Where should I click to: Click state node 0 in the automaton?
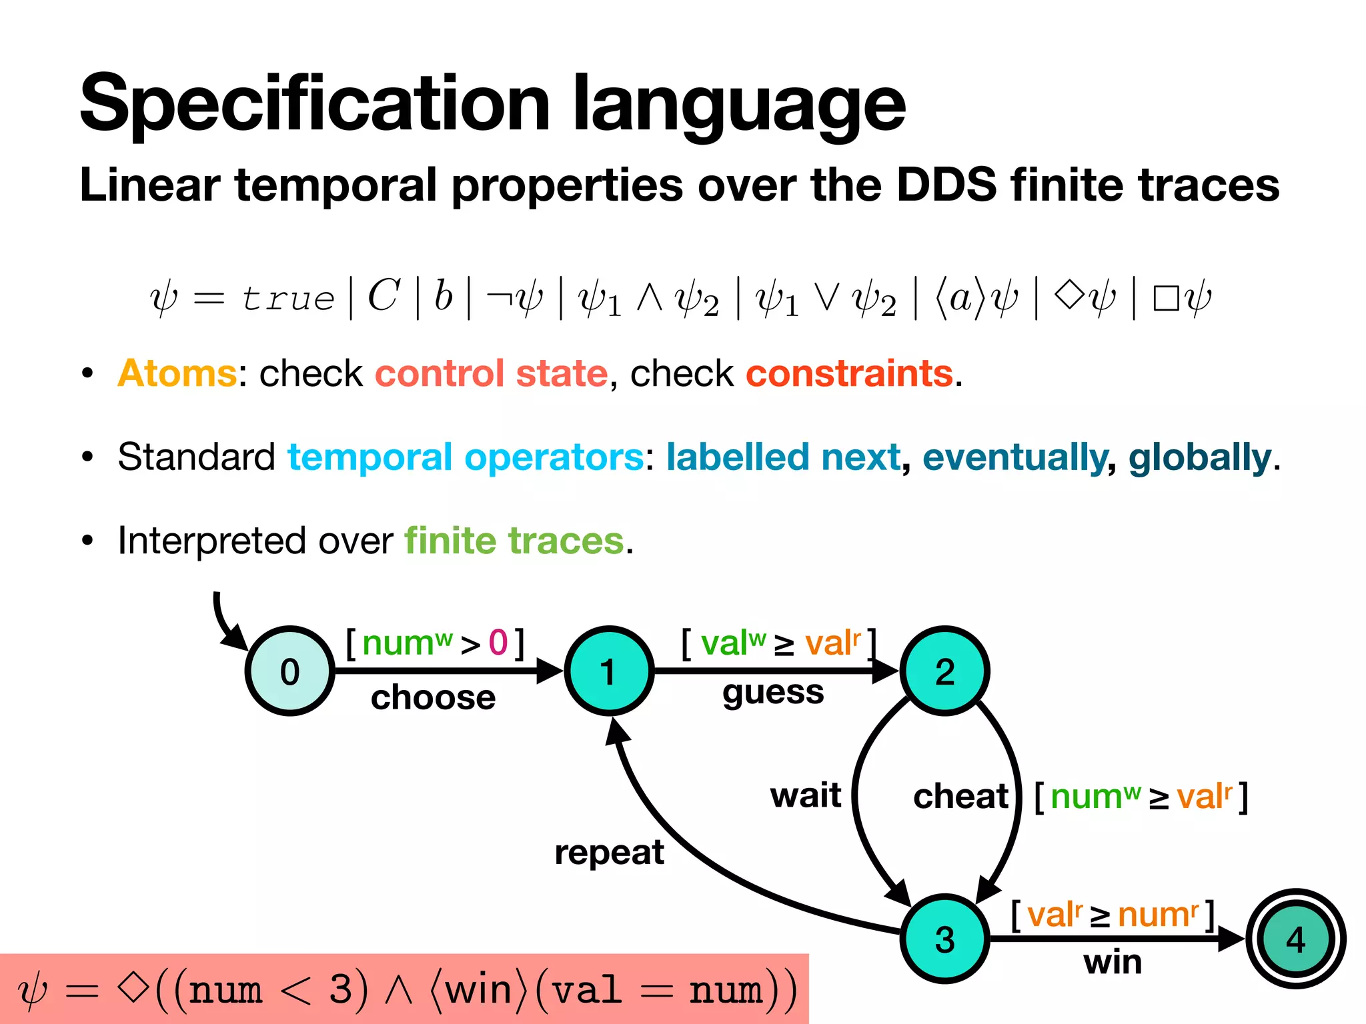click(289, 671)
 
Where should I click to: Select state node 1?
click(608, 671)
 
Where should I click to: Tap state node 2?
click(944, 671)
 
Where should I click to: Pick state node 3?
click(944, 939)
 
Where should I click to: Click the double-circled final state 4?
click(1295, 939)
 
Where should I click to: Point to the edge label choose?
click(433, 697)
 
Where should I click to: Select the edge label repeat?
click(609, 852)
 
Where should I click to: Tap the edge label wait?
click(805, 795)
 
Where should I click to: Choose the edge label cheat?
click(960, 796)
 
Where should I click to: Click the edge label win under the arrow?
click(1113, 963)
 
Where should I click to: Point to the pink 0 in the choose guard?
click(498, 643)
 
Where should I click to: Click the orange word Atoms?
click(177, 373)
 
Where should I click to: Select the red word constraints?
click(849, 373)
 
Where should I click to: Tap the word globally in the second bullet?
click(1199, 458)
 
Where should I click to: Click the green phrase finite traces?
click(514, 540)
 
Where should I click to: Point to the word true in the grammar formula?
click(287, 298)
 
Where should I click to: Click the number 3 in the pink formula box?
click(341, 989)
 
